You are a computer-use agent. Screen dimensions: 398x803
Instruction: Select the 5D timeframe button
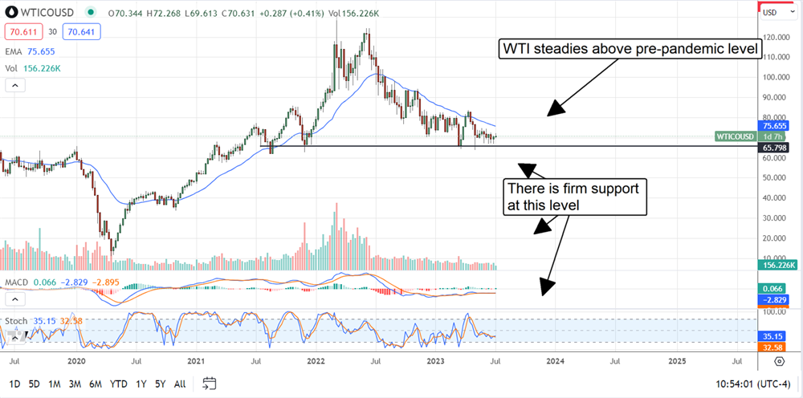pos(34,383)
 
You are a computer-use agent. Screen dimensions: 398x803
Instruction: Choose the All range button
pos(180,383)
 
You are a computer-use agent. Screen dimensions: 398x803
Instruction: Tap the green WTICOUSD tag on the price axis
pos(736,136)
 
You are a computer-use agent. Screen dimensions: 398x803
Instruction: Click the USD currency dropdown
pos(772,12)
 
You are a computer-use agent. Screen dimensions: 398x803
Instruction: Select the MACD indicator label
pos(17,282)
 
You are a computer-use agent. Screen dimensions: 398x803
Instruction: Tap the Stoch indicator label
pos(16,320)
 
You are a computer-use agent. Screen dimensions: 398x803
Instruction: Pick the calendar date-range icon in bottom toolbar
pos(210,383)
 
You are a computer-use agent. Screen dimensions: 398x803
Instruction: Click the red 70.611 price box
pos(18,32)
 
